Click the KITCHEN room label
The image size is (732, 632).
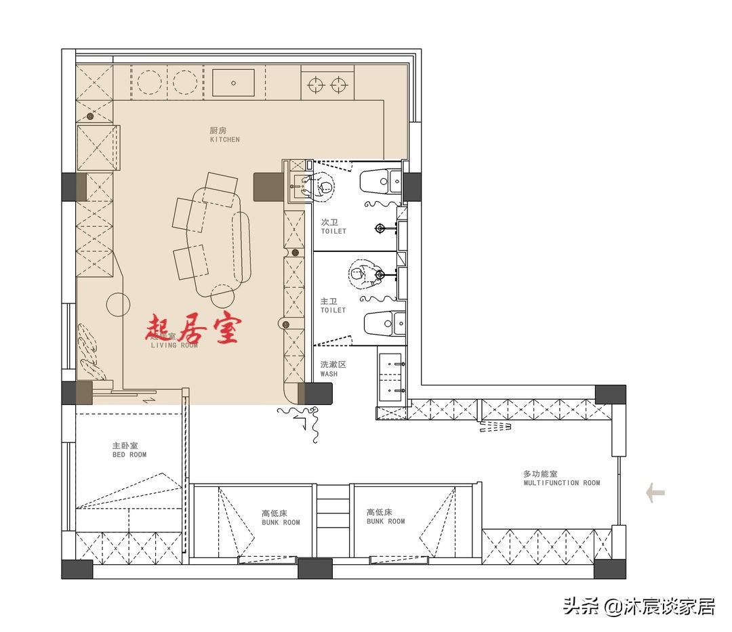click(x=224, y=135)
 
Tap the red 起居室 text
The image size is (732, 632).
click(x=194, y=330)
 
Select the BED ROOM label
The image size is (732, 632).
click(x=129, y=450)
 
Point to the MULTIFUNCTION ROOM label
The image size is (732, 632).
click(x=561, y=478)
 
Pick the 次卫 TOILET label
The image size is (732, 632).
click(x=333, y=226)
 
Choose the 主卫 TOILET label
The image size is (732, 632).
click(x=333, y=305)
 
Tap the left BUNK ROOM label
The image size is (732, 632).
click(x=281, y=518)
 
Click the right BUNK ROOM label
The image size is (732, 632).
click(x=385, y=517)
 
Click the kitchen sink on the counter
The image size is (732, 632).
click(x=233, y=83)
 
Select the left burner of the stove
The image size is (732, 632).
click(x=315, y=85)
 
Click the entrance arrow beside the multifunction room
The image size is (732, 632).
click(x=655, y=492)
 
